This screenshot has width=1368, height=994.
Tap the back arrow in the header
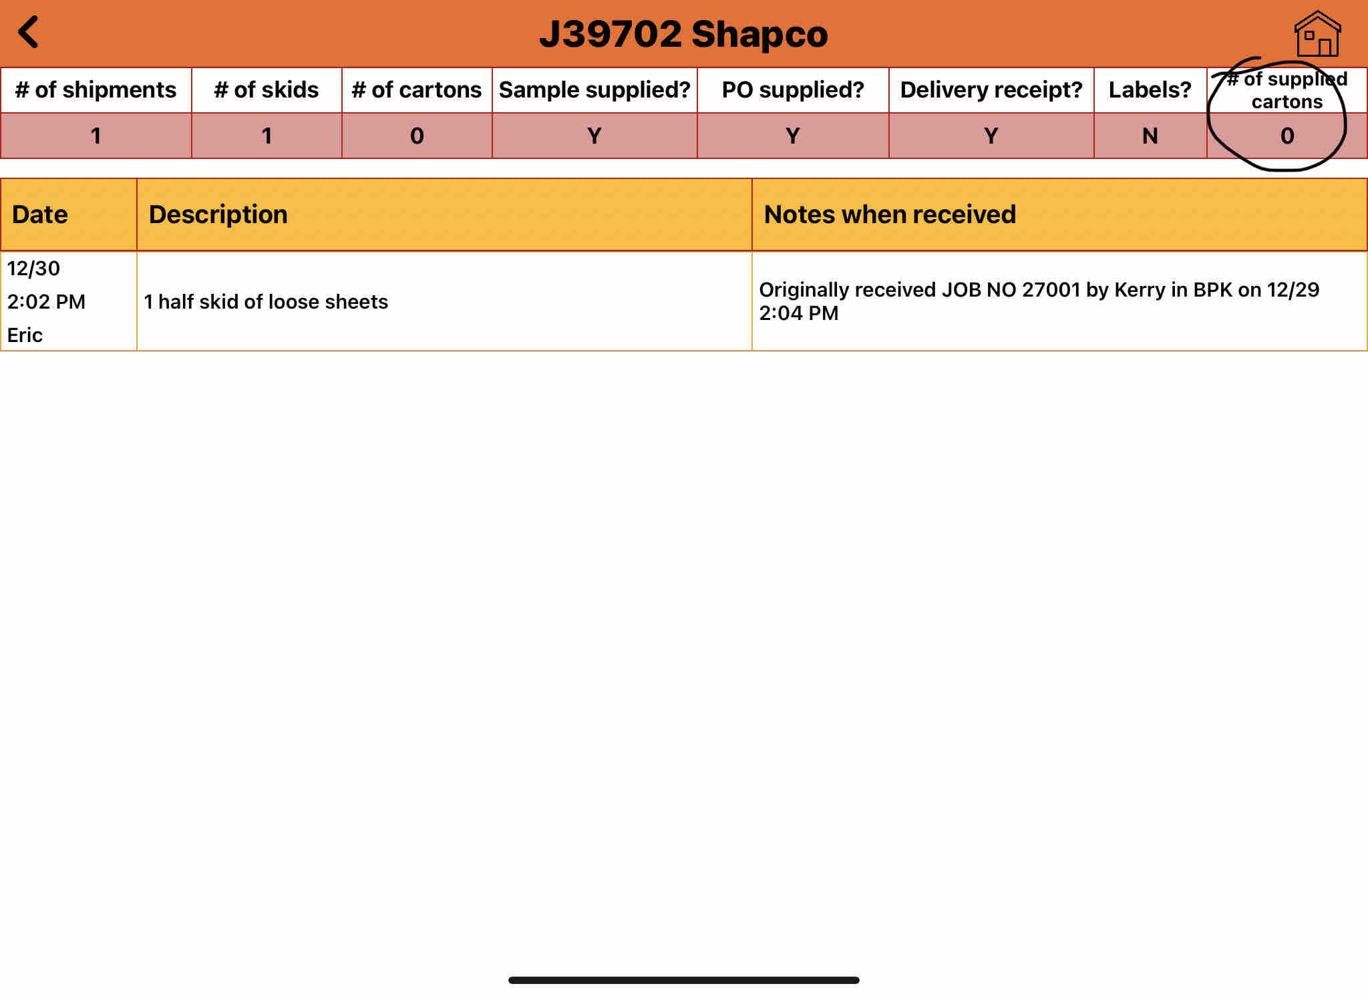pos(29,32)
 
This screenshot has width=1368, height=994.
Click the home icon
pos(1317,34)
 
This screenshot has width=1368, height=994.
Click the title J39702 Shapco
pos(683,34)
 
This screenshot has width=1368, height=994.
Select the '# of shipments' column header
pos(96,90)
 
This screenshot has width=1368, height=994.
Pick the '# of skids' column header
pos(266,90)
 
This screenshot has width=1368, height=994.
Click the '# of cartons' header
pos(416,90)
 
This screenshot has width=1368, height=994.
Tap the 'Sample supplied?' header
pos(594,90)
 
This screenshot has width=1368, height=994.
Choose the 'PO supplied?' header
pos(792,90)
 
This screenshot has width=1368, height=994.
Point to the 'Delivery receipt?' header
pos(991,90)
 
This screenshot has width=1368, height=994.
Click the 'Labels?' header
pos(1150,90)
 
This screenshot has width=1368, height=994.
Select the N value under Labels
pos(1150,136)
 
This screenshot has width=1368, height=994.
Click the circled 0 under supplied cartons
pos(1287,136)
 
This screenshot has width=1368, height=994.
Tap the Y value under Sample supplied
pos(594,136)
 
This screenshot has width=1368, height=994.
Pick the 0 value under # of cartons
pos(416,136)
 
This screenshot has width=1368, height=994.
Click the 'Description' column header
pos(218,214)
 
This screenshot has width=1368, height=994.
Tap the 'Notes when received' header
pos(889,214)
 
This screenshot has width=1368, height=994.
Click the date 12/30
pos(33,269)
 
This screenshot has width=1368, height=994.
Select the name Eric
pos(25,335)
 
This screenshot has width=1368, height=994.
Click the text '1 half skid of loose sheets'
pos(266,302)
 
